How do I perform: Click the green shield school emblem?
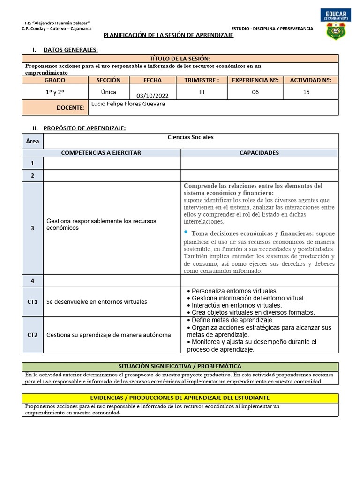335,31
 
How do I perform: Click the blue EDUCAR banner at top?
335,15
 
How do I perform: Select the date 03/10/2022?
152,96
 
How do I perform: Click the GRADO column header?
55,80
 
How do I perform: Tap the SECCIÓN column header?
108,80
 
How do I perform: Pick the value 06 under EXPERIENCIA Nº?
255,92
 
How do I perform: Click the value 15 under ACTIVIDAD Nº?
306,92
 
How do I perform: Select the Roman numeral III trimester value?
202,92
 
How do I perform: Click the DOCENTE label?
71,108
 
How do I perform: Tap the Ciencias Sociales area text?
190,137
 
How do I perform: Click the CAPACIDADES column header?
259,153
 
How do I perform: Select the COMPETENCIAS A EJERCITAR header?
101,153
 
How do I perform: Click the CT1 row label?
32,301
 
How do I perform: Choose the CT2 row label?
32,335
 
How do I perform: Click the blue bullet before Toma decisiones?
186,232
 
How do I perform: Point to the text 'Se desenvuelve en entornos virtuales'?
97,301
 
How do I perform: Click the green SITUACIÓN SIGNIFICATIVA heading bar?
180,366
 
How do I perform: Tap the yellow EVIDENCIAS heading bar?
180,398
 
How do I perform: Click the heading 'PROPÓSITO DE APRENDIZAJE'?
84,128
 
